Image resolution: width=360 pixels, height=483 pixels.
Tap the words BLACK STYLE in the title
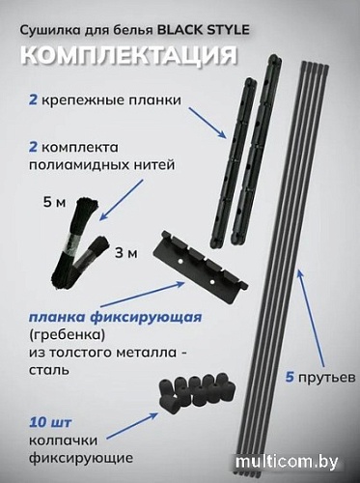tap(207, 31)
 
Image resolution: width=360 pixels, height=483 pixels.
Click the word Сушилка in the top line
tap(54, 31)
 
